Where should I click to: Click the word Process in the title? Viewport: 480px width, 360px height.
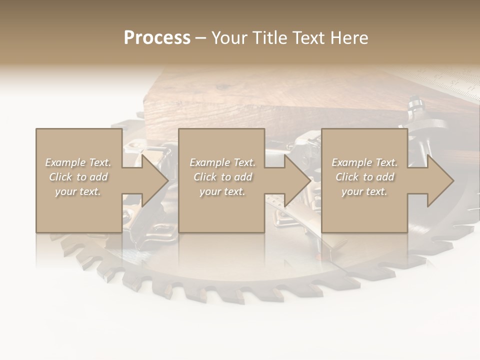157,38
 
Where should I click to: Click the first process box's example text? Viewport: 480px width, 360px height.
78,177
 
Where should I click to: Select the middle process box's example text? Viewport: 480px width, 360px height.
222,177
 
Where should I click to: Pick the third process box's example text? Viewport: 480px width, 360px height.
364,177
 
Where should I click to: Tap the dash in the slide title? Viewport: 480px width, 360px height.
201,38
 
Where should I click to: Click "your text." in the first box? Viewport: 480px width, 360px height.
78,191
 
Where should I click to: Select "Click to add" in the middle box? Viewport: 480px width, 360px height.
222,177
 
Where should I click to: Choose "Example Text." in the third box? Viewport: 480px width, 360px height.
364,162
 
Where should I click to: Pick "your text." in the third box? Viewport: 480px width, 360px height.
364,191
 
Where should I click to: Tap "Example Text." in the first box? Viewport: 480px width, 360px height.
78,162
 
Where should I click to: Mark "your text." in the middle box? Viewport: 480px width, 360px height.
222,191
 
